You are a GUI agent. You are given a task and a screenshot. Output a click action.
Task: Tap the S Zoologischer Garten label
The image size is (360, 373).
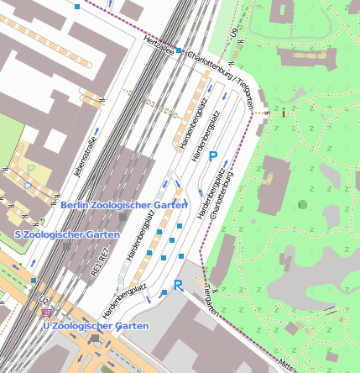point(67,234)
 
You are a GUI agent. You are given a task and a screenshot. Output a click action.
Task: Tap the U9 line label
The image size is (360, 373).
point(234,33)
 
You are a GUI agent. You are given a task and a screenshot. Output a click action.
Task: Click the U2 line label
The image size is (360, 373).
point(43,299)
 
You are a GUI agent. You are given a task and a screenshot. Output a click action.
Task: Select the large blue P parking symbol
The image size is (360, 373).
point(214,156)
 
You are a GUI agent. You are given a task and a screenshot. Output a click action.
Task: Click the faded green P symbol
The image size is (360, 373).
point(31,169)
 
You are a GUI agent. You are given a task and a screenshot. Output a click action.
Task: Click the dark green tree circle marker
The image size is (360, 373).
point(302,204)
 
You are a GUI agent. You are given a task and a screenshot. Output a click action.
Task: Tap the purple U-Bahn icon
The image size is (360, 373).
point(45,313)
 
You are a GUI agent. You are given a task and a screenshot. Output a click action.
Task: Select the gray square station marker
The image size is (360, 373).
point(123,218)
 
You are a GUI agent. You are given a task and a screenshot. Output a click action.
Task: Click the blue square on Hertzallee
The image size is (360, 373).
point(179,51)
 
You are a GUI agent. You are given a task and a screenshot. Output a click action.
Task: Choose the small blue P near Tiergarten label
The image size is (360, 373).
point(179,286)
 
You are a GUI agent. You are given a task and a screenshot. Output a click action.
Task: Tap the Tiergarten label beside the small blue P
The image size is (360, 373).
point(211,301)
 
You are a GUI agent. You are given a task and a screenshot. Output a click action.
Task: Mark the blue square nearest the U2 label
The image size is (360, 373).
point(34,281)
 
